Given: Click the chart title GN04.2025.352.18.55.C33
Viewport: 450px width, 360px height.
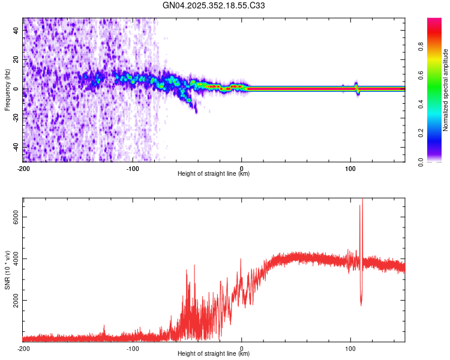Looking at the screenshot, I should click(x=214, y=6).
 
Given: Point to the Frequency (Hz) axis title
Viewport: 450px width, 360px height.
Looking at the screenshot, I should click(x=7, y=90).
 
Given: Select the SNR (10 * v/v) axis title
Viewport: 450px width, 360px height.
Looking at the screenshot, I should click(x=7, y=270).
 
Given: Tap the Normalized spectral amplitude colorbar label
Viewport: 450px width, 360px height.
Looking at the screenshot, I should click(x=446, y=90).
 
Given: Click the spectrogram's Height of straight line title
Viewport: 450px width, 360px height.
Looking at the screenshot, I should click(x=214, y=173).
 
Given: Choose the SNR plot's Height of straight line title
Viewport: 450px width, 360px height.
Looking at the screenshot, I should click(x=214, y=353).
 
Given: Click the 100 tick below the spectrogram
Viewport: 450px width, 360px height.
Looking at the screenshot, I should click(x=350, y=168).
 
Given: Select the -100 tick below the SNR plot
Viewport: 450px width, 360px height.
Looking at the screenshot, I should click(x=133, y=348).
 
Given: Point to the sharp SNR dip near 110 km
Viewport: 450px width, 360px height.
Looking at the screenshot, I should click(x=361, y=303).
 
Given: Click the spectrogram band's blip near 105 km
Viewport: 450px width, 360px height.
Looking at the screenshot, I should click(x=356, y=88).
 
